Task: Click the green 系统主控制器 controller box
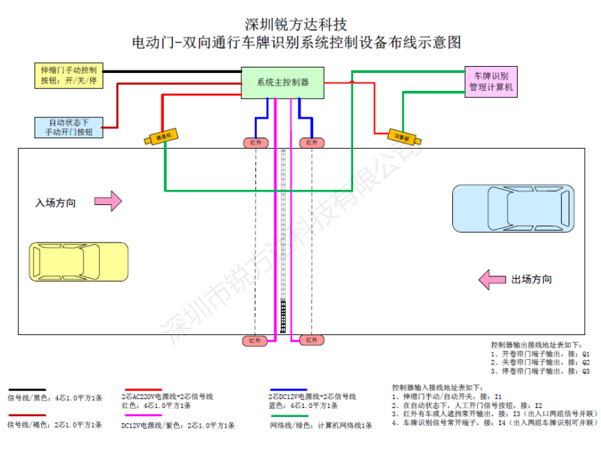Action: coord(282,82)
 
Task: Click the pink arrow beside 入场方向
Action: coord(111,201)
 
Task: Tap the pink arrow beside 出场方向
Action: coord(493,279)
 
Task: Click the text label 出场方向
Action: coord(532,279)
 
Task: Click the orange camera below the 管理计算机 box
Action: coord(403,137)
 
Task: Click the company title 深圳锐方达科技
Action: coord(296,24)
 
